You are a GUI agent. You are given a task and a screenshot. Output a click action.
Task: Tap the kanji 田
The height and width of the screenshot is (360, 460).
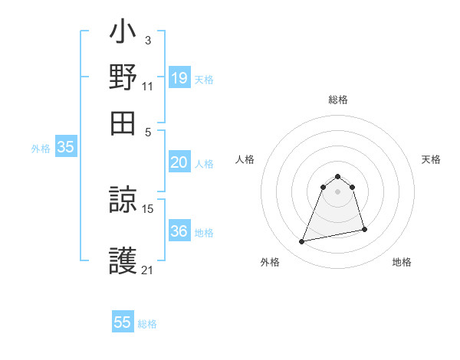[123, 123]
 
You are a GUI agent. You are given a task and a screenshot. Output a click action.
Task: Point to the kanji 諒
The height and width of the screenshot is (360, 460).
[123, 201]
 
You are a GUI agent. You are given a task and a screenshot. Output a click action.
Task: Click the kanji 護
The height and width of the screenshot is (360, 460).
[123, 260]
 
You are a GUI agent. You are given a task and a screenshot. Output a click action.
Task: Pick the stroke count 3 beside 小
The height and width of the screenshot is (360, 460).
[148, 40]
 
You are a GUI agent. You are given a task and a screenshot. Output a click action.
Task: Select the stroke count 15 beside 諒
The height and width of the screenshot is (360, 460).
[149, 208]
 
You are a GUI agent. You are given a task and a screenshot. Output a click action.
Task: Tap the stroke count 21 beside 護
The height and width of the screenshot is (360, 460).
[148, 270]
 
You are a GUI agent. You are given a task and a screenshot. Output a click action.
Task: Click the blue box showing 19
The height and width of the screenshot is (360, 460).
[179, 77]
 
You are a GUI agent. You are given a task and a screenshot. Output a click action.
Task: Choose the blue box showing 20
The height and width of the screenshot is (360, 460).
[179, 162]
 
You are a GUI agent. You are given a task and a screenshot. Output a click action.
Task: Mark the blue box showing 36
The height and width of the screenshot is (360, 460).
[179, 231]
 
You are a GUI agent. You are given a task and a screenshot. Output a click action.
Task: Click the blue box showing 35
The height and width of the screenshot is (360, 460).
[65, 148]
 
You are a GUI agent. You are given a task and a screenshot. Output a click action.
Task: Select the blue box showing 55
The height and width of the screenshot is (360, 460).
[123, 322]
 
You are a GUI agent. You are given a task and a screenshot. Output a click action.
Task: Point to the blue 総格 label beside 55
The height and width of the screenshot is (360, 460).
[147, 324]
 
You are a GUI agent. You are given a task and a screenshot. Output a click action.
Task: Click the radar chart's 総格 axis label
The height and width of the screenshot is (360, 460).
[338, 100]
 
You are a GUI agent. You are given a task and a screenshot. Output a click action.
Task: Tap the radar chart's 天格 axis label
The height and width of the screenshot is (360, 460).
[432, 159]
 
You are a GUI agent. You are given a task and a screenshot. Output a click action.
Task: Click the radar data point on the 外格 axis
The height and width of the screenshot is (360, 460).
[302, 242]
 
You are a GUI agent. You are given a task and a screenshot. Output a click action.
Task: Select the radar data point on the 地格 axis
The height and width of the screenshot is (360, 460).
[364, 229]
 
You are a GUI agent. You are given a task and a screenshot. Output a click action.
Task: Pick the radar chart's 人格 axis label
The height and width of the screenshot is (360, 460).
[245, 159]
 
